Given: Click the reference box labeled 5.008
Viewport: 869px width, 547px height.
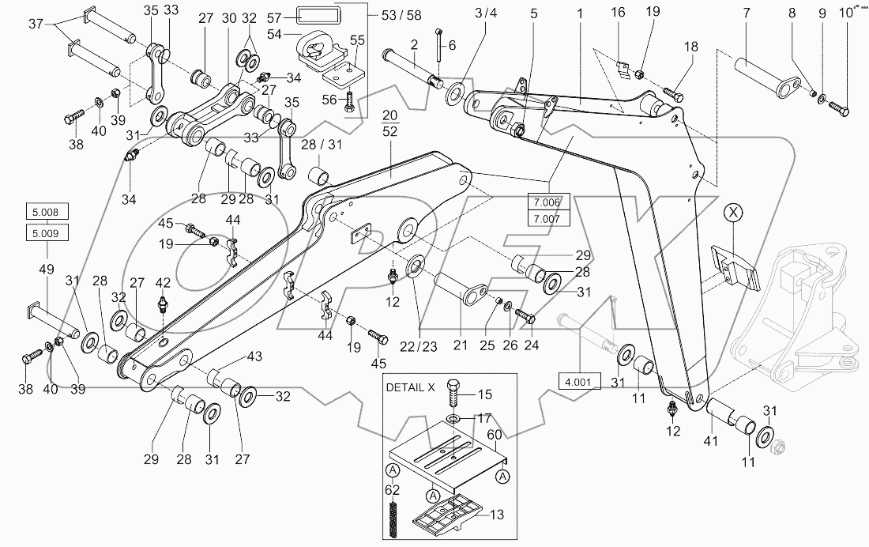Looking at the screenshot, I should coord(47,212).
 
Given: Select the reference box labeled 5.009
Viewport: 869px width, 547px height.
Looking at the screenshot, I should coord(47,232).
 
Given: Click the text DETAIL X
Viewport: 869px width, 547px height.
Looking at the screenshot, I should coord(412,388).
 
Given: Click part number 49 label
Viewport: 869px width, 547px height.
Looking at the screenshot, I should coord(47,270).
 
